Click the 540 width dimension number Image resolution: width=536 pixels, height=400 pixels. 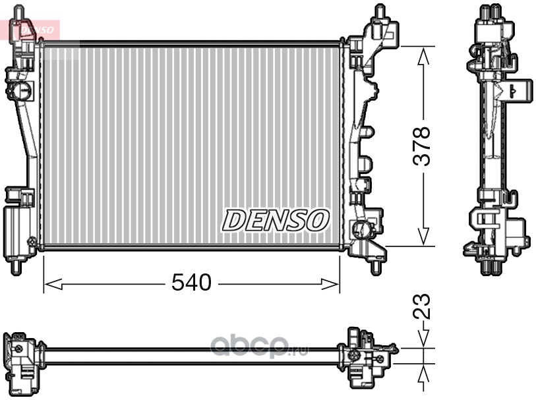click(x=191, y=283)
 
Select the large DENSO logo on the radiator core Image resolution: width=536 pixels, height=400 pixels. click(x=276, y=220)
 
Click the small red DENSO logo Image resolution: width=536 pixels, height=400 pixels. click(x=36, y=30)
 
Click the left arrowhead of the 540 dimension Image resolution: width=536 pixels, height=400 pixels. click(x=53, y=283)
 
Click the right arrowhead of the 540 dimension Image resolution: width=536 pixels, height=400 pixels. click(x=330, y=283)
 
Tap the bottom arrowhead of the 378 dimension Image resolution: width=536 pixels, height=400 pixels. click(x=423, y=236)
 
